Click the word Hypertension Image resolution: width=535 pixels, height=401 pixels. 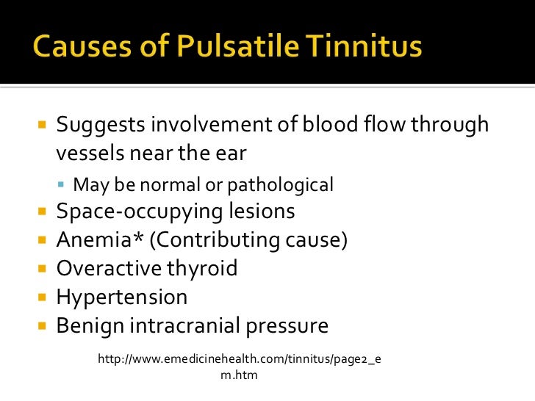122,297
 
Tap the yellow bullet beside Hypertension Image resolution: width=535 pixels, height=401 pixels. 42,298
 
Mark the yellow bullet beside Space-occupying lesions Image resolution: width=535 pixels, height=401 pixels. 42,212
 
